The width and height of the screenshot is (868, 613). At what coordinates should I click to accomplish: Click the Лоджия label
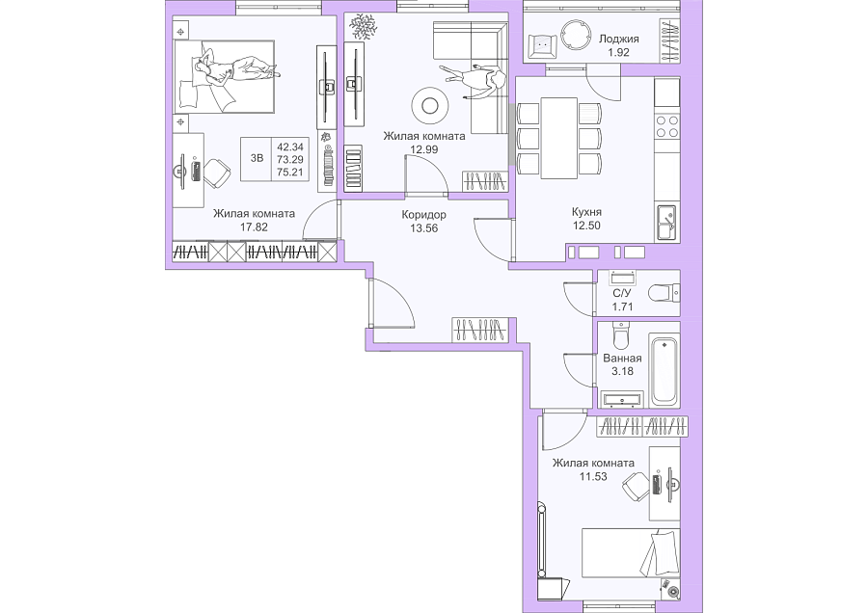point(619,40)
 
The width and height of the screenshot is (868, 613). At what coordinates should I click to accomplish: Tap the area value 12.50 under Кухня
point(586,226)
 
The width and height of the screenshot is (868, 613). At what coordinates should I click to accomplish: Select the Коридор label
point(424,215)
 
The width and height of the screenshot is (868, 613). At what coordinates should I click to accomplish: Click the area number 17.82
point(254,227)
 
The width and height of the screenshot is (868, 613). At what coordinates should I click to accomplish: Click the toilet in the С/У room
point(664,292)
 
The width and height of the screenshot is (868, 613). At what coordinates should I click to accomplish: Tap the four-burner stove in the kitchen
point(667,126)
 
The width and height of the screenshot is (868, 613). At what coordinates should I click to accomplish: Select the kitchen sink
point(665,223)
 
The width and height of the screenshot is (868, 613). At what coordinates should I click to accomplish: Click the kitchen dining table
point(559,139)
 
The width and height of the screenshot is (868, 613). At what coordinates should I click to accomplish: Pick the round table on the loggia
point(577,36)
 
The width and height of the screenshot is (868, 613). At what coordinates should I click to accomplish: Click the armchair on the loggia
point(541,44)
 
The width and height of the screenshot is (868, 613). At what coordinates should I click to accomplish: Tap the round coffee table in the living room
point(429,105)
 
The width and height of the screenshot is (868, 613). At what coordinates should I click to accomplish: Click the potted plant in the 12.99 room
point(363,25)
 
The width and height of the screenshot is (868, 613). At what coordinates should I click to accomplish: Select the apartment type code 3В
point(257,158)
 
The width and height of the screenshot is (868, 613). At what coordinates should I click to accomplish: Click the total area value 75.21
point(290,173)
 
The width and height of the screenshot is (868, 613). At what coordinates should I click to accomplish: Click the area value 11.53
point(593,476)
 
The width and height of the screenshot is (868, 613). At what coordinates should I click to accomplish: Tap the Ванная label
point(622,358)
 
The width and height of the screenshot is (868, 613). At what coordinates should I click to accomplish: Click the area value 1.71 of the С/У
point(622,306)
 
